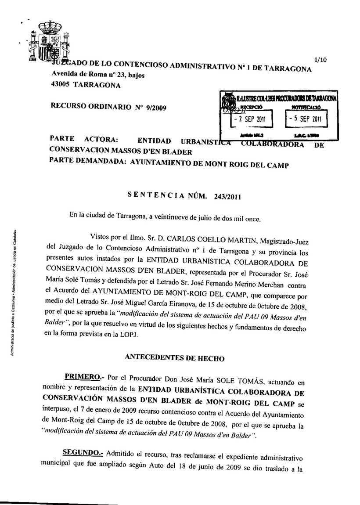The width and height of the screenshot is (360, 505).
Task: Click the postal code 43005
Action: coord(61,85)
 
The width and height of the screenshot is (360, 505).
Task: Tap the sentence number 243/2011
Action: coord(228,196)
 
